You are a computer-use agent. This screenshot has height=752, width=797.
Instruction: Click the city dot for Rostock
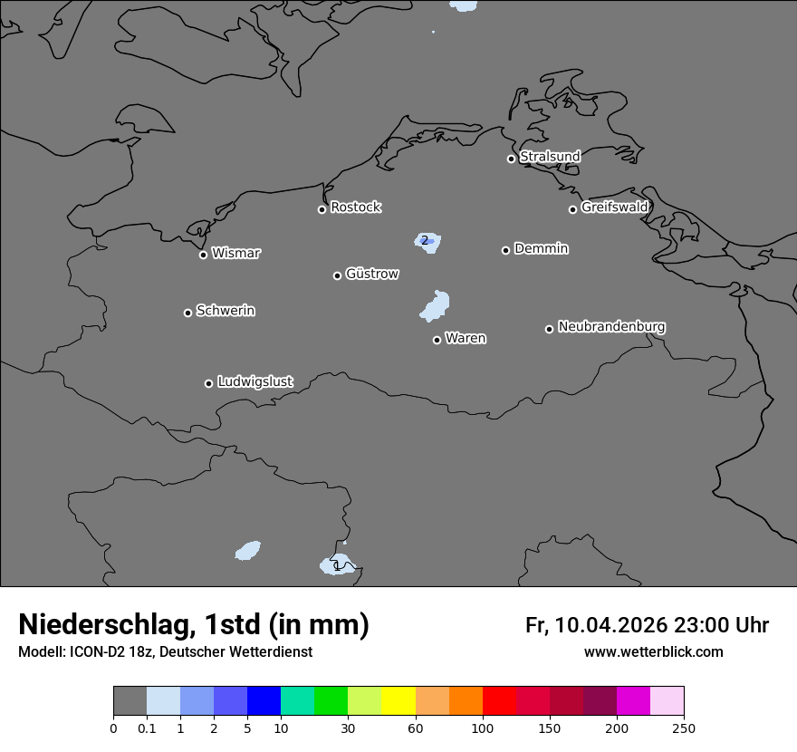pos(322,209)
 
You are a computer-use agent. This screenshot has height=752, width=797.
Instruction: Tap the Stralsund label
pos(550,157)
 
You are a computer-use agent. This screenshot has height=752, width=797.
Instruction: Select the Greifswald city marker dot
pos(572,209)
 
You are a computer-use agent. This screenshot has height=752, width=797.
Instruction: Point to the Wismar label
pos(235,253)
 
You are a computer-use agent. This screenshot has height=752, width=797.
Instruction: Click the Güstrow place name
pos(372,274)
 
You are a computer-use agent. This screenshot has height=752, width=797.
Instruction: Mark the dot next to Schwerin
pos(187,313)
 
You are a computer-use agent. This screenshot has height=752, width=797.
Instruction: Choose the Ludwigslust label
pos(254,381)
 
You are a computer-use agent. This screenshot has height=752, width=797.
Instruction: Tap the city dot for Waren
pos(437,340)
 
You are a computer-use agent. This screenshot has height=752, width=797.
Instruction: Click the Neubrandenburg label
pos(611,326)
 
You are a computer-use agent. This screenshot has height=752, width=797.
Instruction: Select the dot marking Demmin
pos(505,250)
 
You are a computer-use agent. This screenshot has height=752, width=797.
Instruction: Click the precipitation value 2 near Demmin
pos(424,240)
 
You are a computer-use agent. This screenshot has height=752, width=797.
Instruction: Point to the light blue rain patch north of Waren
pos(436,305)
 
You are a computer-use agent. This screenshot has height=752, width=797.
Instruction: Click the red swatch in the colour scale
pos(499,701)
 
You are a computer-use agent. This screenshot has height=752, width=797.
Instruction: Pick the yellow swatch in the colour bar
pos(398,701)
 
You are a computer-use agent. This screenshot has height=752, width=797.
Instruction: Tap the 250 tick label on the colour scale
pos(684,728)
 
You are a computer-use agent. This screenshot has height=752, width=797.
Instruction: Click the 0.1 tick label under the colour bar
pos(147,728)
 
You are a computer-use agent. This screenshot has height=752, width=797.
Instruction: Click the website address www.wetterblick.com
pos(653,651)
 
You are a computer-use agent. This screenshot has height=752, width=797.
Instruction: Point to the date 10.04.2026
pos(611,625)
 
